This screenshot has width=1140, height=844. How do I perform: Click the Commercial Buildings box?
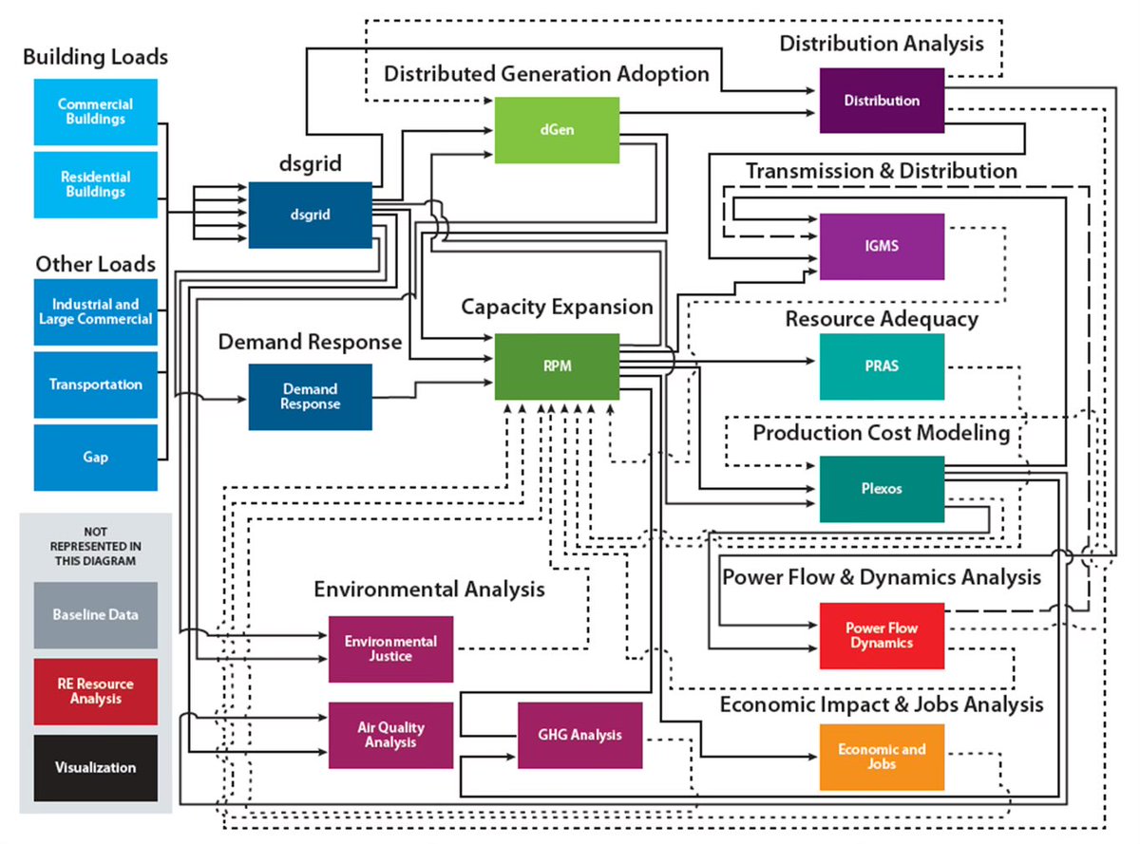(x=95, y=112)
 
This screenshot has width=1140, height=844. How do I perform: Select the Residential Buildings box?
(x=95, y=184)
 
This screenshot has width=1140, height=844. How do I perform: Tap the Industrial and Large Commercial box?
(x=95, y=311)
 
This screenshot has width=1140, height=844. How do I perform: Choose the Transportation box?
(x=95, y=384)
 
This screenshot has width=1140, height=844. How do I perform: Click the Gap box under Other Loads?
(x=95, y=457)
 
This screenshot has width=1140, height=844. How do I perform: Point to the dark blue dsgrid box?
(x=310, y=215)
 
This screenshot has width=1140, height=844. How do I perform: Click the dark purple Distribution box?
(x=882, y=101)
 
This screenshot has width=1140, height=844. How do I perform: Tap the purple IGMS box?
(x=882, y=246)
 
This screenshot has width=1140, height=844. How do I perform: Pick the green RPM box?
(x=557, y=366)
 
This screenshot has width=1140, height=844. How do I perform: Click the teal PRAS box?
(x=882, y=366)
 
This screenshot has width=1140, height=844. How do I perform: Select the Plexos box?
(x=882, y=489)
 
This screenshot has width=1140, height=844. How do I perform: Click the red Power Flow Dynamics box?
(x=882, y=635)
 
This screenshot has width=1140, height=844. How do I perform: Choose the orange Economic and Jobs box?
(x=882, y=757)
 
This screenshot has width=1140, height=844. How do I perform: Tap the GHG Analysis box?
(x=579, y=735)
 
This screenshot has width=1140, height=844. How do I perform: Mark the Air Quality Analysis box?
(x=390, y=735)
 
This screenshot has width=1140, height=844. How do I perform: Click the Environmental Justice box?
(x=390, y=648)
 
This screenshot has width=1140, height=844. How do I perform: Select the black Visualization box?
(x=95, y=767)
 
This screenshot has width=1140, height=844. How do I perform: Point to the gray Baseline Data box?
(x=95, y=615)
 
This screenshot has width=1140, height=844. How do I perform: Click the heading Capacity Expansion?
(x=557, y=308)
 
